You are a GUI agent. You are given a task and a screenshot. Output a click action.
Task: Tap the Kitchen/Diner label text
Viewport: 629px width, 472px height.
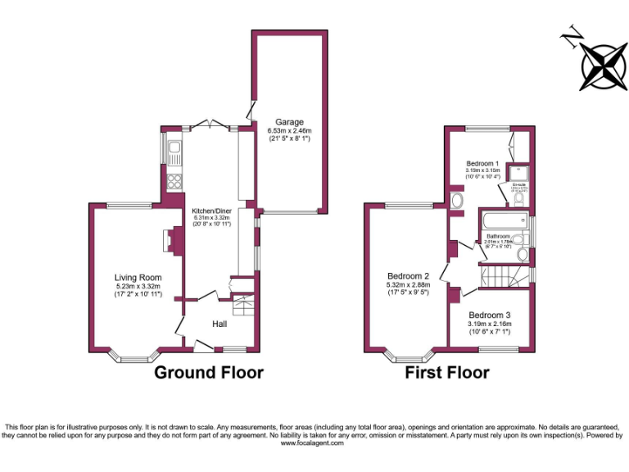tap(208, 210)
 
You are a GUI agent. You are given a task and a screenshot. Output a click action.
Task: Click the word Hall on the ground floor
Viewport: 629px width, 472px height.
tap(219, 324)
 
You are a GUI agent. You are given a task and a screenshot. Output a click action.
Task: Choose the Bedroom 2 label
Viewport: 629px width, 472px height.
tap(409, 276)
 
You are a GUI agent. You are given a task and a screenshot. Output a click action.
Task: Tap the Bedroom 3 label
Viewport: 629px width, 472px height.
tap(490, 315)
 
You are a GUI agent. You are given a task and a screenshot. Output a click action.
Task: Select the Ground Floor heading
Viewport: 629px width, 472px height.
tap(210, 373)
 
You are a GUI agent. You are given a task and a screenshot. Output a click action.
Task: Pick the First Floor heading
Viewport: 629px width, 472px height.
tap(447, 373)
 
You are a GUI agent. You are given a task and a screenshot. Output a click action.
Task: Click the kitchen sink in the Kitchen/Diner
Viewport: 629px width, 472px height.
tap(174, 151)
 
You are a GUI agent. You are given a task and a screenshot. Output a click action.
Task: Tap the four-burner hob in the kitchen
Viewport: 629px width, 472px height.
tap(174, 181)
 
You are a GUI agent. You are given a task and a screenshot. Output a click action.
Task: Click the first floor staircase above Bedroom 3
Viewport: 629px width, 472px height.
tap(502, 277)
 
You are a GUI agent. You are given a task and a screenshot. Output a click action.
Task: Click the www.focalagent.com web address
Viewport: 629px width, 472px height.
tap(314, 443)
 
